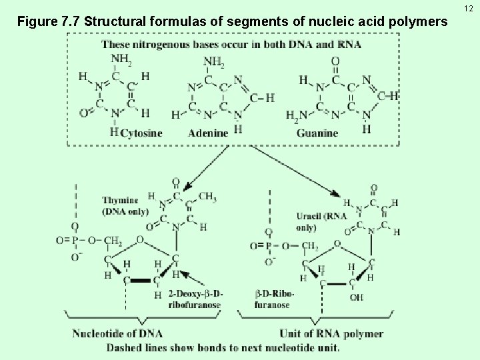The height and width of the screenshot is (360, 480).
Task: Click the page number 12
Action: click(470, 7)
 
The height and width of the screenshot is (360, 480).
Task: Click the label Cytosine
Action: click(142, 132)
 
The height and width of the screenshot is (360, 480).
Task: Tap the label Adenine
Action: click(208, 132)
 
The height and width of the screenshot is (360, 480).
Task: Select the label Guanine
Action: click(317, 133)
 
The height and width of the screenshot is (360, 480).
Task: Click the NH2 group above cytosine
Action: click(121, 61)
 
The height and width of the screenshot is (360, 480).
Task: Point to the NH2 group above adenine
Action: click(213, 62)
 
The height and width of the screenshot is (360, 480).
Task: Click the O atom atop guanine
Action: click(335, 61)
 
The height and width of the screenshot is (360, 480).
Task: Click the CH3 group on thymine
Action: click(207, 196)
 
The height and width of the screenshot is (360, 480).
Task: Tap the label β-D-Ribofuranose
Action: click(275, 299)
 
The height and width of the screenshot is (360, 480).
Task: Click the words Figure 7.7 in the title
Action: click(44, 23)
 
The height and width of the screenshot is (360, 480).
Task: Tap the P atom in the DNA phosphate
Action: click(75, 240)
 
